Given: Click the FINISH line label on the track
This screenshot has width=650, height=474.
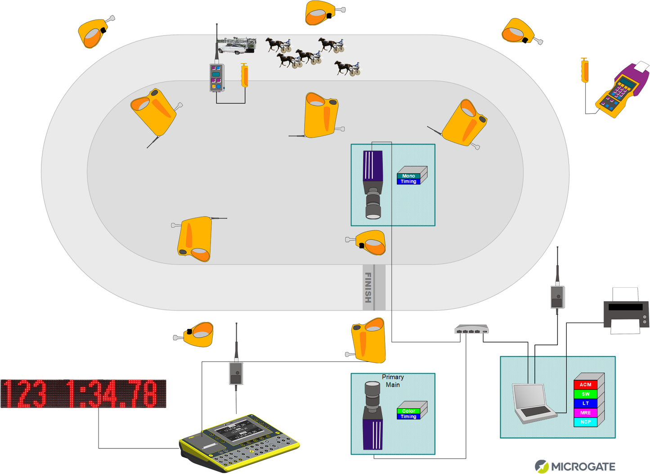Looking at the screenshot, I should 368,287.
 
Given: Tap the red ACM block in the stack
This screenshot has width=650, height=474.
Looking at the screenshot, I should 585,384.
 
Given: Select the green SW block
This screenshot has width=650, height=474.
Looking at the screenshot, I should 585,394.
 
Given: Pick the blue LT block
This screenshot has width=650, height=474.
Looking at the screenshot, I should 585,403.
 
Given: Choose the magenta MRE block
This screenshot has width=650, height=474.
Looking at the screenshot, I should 585,413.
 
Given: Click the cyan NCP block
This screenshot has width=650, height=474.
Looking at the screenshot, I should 585,422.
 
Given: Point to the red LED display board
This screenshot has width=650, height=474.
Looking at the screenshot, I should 83,393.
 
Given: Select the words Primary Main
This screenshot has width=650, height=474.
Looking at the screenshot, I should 393,381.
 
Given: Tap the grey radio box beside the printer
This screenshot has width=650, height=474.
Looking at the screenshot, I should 557,297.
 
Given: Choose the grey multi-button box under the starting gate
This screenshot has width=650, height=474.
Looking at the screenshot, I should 216,77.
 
